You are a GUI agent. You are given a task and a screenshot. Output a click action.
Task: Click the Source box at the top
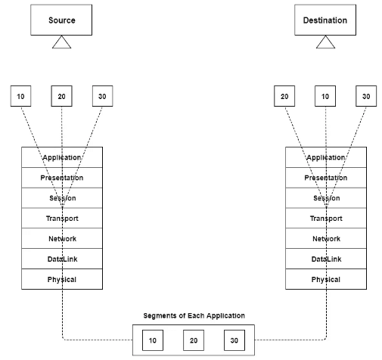[61, 20]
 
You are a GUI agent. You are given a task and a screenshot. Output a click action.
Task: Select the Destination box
[325, 20]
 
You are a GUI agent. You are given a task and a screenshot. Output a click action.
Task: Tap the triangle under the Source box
[61, 42]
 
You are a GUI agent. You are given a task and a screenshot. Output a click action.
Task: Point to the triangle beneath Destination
[325, 42]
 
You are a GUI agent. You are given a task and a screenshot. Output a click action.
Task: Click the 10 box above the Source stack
[21, 97]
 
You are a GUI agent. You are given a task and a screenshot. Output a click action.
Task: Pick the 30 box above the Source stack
[102, 97]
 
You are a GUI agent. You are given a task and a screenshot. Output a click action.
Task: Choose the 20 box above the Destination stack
[284, 97]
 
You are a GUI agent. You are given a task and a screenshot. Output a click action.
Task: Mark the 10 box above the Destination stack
[325, 97]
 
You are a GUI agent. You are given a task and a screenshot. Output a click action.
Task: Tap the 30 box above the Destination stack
[366, 97]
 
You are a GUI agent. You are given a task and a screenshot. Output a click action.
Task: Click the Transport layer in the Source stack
[61, 219]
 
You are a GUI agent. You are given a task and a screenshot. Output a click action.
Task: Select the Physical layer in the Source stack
[61, 279]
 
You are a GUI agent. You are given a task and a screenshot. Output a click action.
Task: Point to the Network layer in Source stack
[61, 239]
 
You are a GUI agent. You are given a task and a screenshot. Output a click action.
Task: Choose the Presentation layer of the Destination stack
[325, 178]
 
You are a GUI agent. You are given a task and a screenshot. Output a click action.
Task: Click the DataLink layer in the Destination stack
[325, 259]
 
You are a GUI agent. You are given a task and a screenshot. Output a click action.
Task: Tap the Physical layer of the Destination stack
[325, 279]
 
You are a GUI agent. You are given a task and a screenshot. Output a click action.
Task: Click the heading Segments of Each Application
[194, 315]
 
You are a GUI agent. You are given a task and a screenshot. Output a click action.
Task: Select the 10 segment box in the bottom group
[153, 340]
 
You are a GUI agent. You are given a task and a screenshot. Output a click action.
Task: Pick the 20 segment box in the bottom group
[194, 340]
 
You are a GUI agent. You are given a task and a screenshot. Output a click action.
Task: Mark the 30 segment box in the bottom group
[234, 340]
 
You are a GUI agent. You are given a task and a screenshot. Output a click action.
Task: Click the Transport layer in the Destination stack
[325, 219]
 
